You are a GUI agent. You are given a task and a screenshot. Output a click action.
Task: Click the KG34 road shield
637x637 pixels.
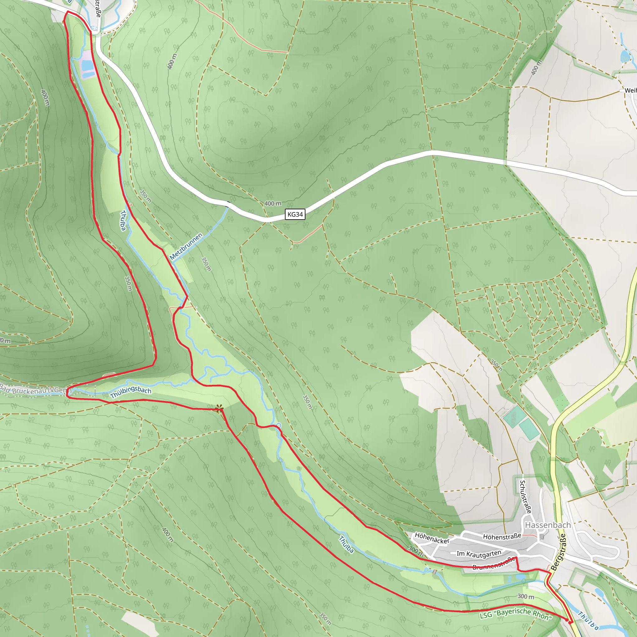click(x=295, y=214)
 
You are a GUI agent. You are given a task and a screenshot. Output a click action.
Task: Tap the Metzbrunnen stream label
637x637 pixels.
click(x=186, y=246)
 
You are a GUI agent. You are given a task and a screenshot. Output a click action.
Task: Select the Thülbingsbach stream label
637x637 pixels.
click(x=131, y=392)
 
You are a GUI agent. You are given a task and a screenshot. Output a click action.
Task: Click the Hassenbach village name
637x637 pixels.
click(x=548, y=525)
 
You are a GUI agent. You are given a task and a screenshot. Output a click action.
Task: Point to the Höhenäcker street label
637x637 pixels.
click(x=432, y=538)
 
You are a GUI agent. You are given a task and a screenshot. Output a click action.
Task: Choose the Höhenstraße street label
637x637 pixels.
click(x=502, y=537)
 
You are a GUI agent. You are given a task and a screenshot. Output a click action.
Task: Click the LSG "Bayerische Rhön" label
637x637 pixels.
click(x=515, y=614)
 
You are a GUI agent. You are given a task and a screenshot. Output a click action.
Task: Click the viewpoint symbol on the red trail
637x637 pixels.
click(x=219, y=409)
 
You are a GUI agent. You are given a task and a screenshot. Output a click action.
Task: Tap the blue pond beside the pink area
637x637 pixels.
click(x=87, y=66)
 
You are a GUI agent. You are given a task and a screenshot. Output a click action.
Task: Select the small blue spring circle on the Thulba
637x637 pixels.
click(x=279, y=425)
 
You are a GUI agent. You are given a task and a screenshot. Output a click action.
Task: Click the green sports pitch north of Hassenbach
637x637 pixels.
click(x=514, y=416)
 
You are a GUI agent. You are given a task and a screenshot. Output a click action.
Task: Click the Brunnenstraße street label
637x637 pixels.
click(x=494, y=564)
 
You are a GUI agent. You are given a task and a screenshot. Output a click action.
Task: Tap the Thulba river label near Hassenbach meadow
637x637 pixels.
click(x=346, y=545)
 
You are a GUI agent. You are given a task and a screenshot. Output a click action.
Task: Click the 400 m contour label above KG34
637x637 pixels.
click(x=273, y=203)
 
